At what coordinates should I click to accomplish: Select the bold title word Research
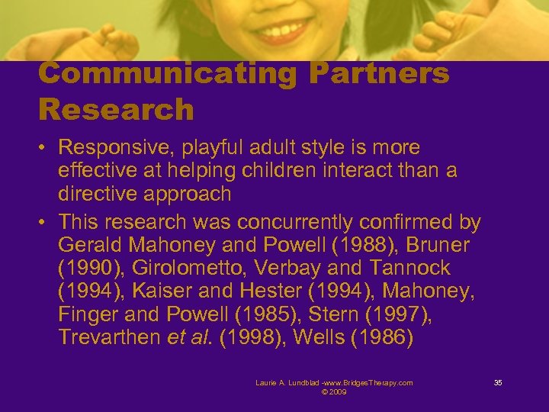[116, 110]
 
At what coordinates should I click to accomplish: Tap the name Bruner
[436, 246]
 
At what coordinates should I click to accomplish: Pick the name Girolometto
[197, 269]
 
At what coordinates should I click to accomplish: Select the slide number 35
[498, 382]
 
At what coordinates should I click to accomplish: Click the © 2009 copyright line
[334, 392]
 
